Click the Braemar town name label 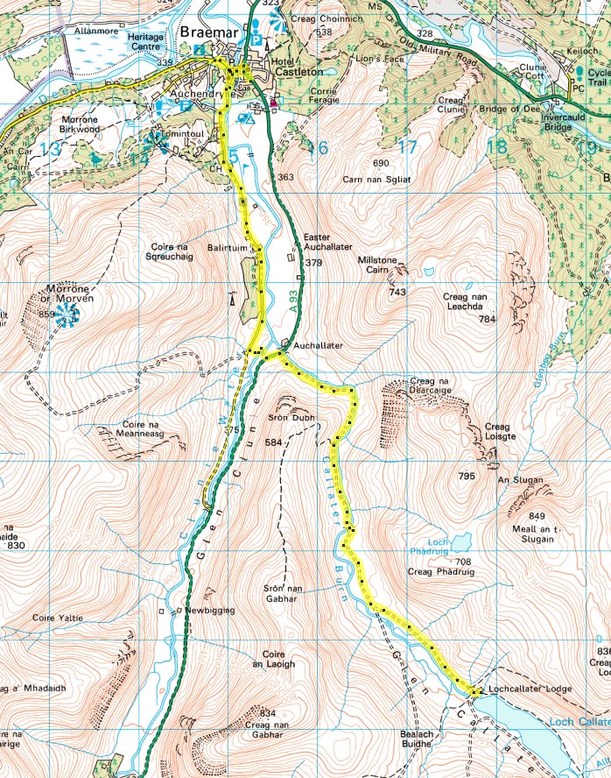pos(210,34)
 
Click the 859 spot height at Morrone pos(47,314)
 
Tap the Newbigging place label pos(207,610)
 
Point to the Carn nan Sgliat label pos(381,178)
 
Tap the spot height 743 pos(398,292)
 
